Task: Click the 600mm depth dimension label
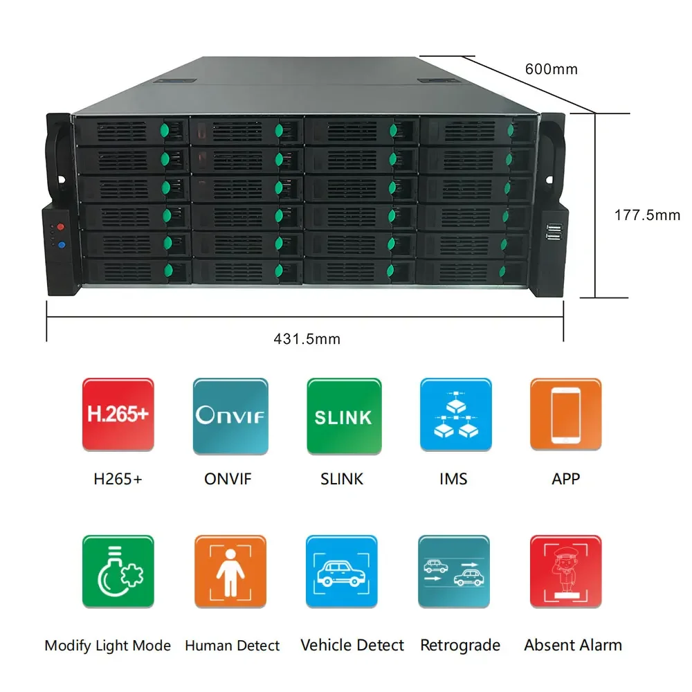click(x=551, y=69)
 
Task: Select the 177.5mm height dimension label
click(x=647, y=215)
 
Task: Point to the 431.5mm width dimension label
click(x=307, y=339)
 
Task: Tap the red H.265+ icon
click(x=118, y=415)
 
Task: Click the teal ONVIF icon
click(x=230, y=415)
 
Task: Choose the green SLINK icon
click(x=343, y=415)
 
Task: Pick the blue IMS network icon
click(x=456, y=415)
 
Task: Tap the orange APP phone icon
click(x=565, y=415)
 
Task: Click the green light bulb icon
click(x=118, y=572)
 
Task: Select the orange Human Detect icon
click(x=230, y=572)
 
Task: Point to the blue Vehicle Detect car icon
click(x=343, y=572)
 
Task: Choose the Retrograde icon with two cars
click(x=456, y=572)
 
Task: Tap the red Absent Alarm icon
click(x=565, y=572)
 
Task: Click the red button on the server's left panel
click(x=60, y=227)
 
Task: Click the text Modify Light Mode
click(x=107, y=646)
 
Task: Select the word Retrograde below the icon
click(x=460, y=646)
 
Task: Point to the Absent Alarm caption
click(x=573, y=646)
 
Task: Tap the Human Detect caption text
click(x=233, y=646)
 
